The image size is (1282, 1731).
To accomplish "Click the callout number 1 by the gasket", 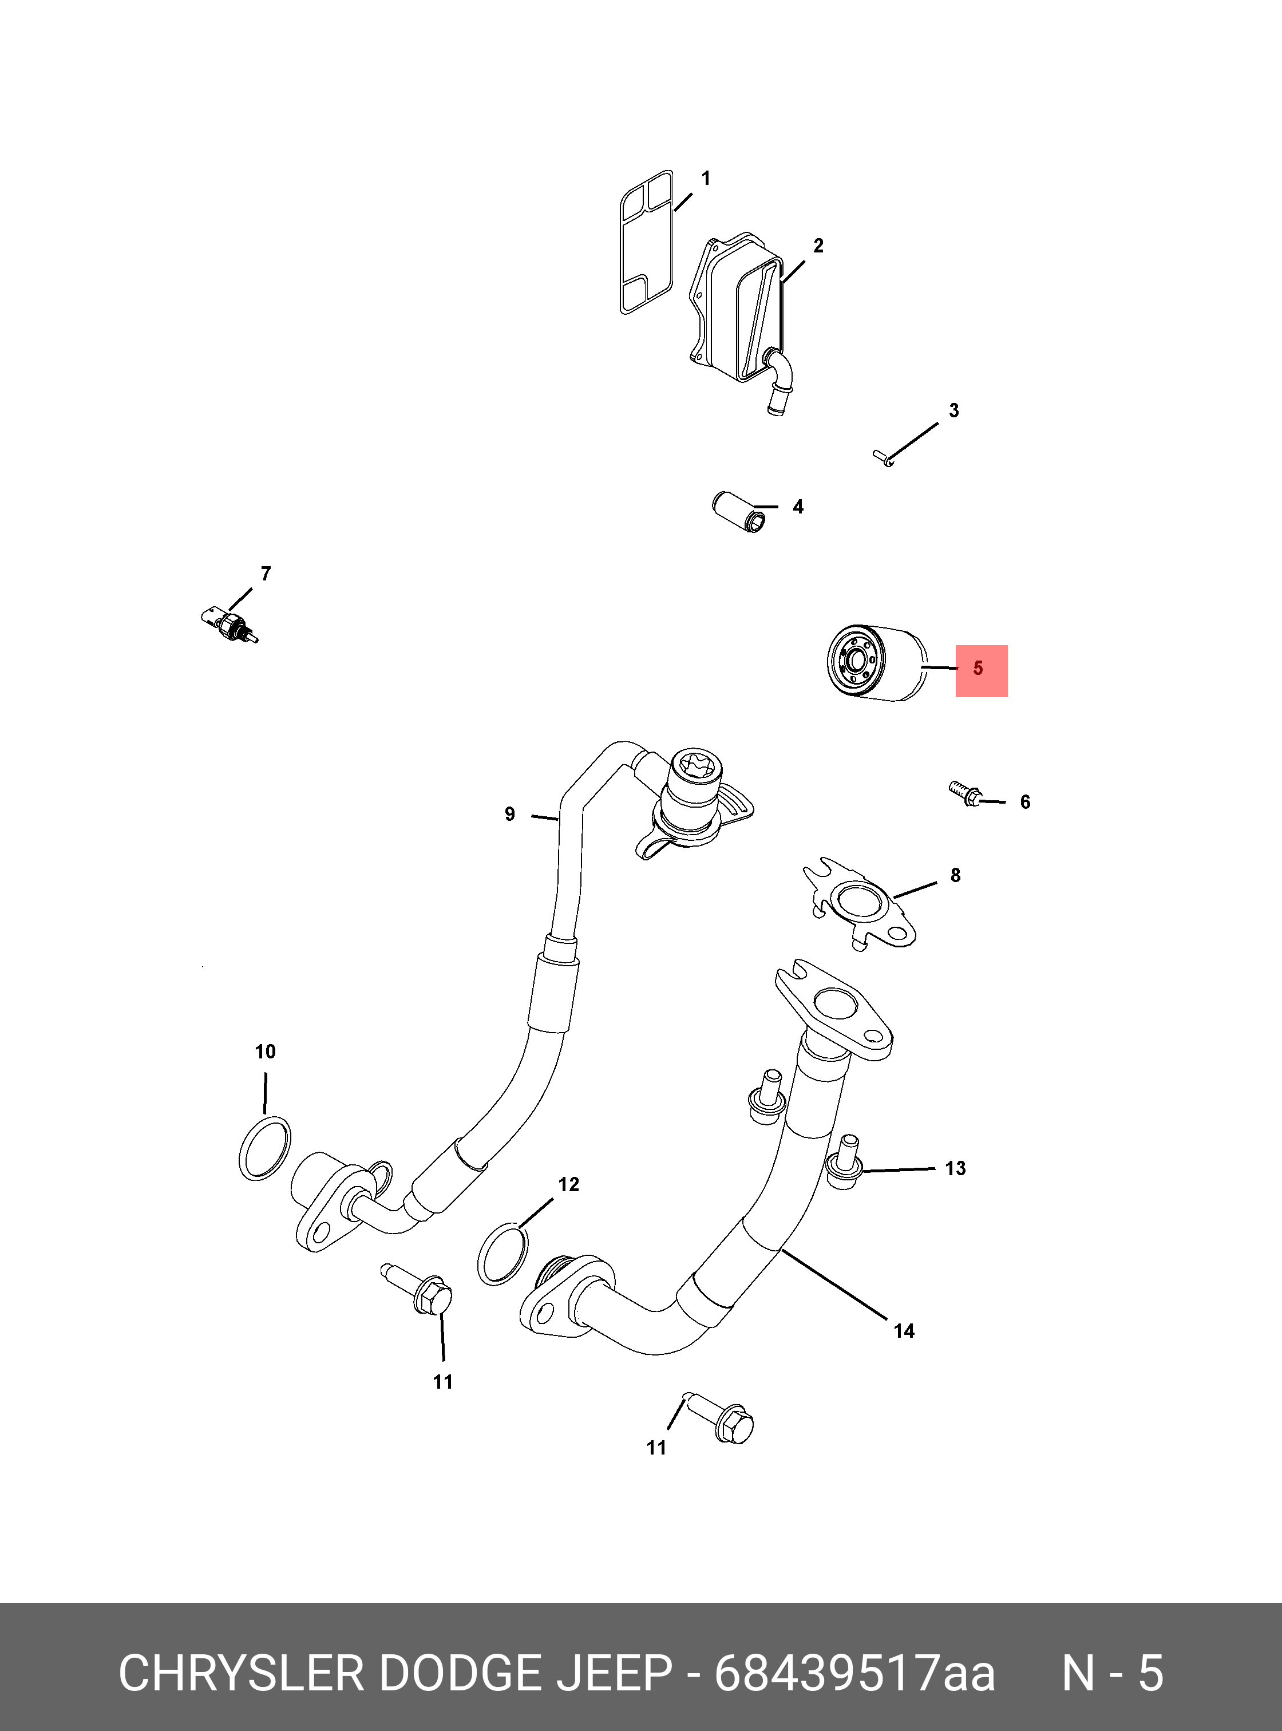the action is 706,179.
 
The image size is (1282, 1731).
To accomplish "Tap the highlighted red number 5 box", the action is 981,671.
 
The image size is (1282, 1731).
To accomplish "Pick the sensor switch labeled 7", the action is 228,623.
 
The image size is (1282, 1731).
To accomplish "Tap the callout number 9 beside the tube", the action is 510,815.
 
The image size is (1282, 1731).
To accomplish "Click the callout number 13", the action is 955,1168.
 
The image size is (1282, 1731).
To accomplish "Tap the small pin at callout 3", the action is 884,458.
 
